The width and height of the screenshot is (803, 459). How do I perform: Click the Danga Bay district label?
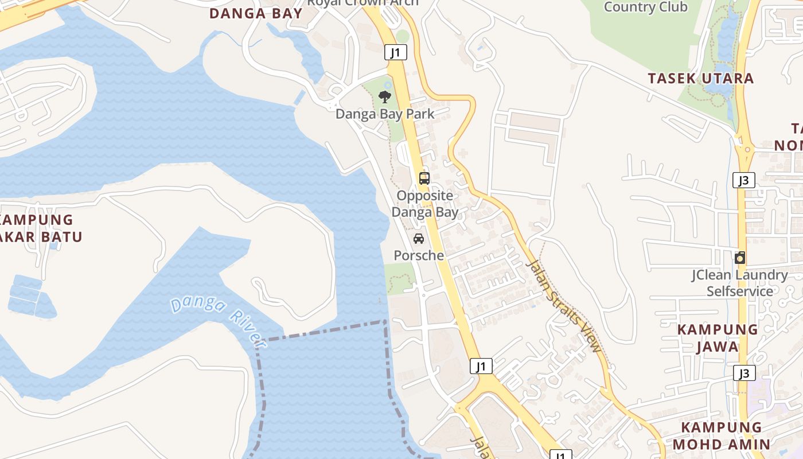click(256, 14)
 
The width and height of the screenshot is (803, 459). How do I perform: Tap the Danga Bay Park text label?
click(385, 114)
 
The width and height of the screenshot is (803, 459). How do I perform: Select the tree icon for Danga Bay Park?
click(385, 96)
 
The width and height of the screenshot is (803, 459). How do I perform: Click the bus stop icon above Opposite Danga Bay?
click(424, 178)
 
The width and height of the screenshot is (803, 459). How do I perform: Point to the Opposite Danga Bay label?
click(425, 204)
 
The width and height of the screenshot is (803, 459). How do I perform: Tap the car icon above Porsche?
click(419, 239)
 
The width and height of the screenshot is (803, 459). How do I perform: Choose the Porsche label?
click(419, 255)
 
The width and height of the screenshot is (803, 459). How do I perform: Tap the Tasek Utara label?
click(701, 79)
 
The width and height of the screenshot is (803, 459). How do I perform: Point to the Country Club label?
click(645, 7)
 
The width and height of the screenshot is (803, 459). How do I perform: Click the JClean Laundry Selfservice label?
click(739, 283)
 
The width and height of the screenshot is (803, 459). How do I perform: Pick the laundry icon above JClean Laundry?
click(740, 258)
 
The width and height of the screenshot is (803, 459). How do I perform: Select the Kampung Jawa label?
click(718, 338)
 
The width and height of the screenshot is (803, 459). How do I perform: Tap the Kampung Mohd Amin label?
click(722, 436)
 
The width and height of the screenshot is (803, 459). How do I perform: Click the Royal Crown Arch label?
click(362, 2)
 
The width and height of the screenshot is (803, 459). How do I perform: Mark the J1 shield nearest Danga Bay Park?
click(395, 53)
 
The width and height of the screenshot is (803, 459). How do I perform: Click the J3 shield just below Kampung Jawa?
click(743, 374)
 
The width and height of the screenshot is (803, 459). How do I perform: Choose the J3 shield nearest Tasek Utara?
click(743, 180)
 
